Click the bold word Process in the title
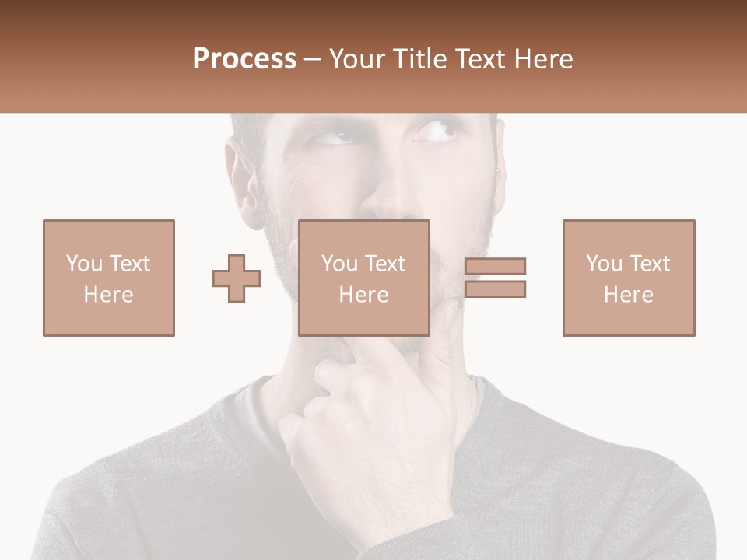click(x=244, y=58)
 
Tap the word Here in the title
click(x=543, y=58)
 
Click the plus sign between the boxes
click(x=237, y=278)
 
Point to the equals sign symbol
click(x=495, y=278)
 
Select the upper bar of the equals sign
click(x=495, y=266)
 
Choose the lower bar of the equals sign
click(x=495, y=289)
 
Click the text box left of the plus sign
click(x=108, y=278)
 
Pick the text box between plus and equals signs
click(x=363, y=278)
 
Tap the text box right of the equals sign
click(x=628, y=278)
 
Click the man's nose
click(x=389, y=198)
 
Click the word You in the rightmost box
click(x=604, y=264)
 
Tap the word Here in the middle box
click(x=363, y=294)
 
